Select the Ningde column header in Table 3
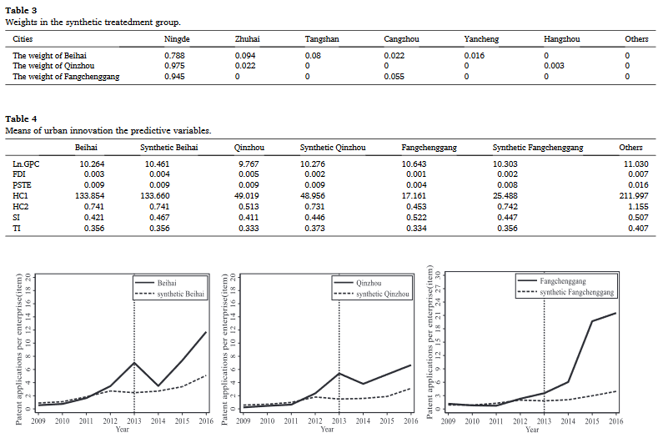click(x=177, y=39)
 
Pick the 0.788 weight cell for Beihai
click(x=177, y=56)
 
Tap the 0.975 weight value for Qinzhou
click(x=177, y=66)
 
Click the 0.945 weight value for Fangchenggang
click(x=177, y=77)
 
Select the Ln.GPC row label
click(x=26, y=164)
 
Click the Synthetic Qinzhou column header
click(x=333, y=148)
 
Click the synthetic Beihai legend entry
click(x=183, y=295)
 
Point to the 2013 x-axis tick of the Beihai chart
click(x=134, y=420)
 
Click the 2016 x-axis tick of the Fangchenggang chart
click(x=615, y=420)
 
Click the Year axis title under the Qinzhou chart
click(x=327, y=428)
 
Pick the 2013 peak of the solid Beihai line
click(x=134, y=363)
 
